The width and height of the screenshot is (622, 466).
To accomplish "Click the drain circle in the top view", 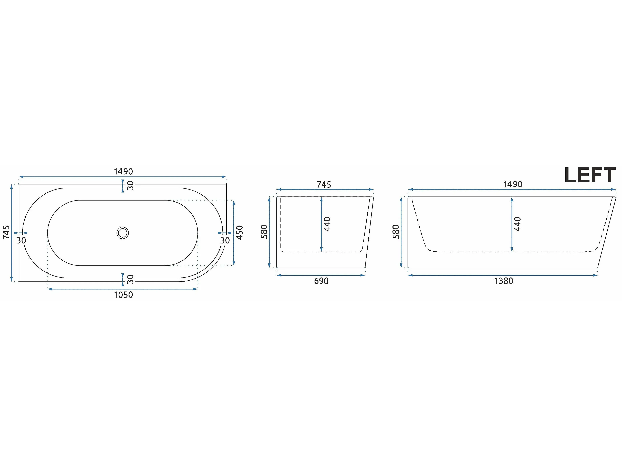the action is pyautogui.click(x=123, y=233).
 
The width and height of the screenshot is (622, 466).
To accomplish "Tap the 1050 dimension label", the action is pyautogui.click(x=123, y=295).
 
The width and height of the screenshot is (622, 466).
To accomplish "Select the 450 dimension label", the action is pyautogui.click(x=240, y=233).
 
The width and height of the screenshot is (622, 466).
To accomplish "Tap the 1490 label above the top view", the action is pyautogui.click(x=123, y=172).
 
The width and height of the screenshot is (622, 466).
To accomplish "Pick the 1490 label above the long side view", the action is pyautogui.click(x=513, y=184).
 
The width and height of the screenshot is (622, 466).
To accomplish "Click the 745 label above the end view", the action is pyautogui.click(x=324, y=185).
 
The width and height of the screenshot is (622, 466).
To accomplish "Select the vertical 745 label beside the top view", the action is pyautogui.click(x=6, y=233).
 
